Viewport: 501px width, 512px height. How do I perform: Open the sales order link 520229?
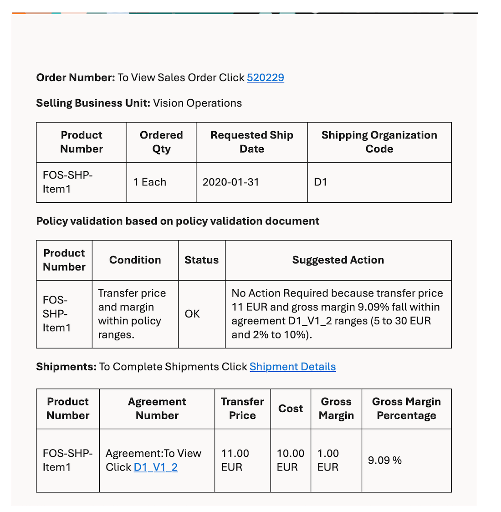point(265,77)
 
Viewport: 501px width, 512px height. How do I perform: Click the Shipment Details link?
point(292,367)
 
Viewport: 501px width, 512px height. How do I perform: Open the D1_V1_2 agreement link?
point(155,467)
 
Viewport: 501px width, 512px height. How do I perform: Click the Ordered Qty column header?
point(161,142)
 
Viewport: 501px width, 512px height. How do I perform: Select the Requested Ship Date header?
point(251,142)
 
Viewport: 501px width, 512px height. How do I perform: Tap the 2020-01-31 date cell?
point(230,182)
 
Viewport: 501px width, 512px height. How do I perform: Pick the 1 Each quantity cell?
point(150,182)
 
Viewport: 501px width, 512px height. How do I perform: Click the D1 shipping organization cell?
point(321,182)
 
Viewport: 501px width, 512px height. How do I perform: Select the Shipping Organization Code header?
point(379,142)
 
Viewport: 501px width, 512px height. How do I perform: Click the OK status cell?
point(192,314)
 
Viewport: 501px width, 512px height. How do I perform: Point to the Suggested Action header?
point(338,260)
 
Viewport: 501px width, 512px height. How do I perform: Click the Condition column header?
point(135,260)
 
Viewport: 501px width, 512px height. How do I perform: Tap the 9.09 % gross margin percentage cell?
point(384,461)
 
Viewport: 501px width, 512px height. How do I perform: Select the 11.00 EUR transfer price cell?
point(235,460)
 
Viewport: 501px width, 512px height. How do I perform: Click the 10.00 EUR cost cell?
point(290,460)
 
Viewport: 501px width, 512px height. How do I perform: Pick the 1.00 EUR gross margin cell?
point(328,460)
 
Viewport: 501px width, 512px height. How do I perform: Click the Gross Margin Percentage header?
point(406,409)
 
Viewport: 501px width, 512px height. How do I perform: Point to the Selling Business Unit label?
point(93,103)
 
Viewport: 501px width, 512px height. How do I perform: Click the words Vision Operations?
point(197,103)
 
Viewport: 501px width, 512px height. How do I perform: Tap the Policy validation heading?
point(178,221)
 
